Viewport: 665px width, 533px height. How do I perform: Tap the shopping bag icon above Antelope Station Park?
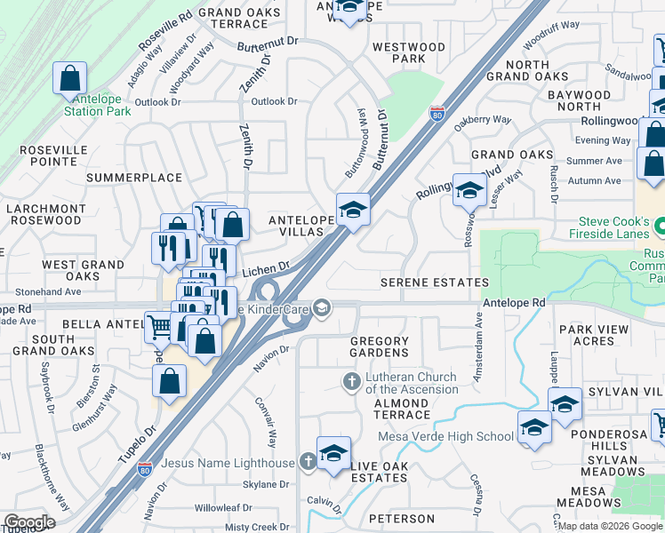[69, 79]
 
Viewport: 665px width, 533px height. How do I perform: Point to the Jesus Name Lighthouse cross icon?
[308, 462]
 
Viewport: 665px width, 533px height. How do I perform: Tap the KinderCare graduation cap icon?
[322, 307]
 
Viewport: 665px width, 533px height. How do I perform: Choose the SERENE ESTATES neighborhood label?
[435, 282]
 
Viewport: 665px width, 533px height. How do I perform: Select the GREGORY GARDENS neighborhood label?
[380, 347]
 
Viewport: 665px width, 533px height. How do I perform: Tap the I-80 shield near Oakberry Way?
[437, 114]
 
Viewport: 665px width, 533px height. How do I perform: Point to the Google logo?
[29, 522]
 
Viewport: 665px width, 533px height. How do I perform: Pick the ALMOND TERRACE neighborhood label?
[390, 410]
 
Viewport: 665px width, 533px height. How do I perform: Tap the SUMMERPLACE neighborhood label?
[134, 178]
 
